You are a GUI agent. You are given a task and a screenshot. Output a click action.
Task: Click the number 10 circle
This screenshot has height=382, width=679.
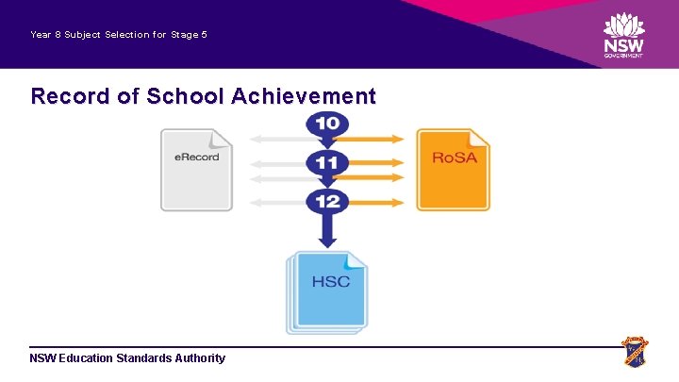click(x=327, y=124)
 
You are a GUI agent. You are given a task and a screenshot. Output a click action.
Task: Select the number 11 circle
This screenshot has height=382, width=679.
click(x=327, y=162)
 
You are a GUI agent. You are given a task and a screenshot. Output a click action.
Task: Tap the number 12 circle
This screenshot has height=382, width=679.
click(x=327, y=201)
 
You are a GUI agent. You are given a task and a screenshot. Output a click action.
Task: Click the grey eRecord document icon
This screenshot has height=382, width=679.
click(x=196, y=169)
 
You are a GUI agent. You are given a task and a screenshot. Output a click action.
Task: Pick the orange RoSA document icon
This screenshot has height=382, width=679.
click(x=454, y=169)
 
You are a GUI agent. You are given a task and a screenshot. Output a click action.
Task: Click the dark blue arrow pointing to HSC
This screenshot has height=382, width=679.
click(x=327, y=231)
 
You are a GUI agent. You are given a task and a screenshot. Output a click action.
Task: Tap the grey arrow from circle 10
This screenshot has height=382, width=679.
click(x=278, y=139)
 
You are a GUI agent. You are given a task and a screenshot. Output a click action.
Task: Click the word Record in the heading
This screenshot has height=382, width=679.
click(x=65, y=95)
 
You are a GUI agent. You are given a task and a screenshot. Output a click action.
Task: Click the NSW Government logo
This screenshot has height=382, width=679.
click(x=623, y=35)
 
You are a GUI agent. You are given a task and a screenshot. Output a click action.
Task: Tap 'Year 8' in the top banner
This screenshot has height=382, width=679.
click(x=45, y=35)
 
